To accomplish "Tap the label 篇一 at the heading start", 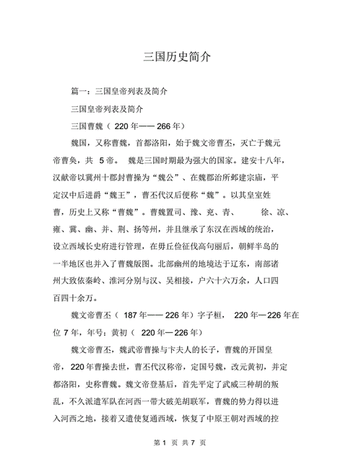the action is pos(78,92).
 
